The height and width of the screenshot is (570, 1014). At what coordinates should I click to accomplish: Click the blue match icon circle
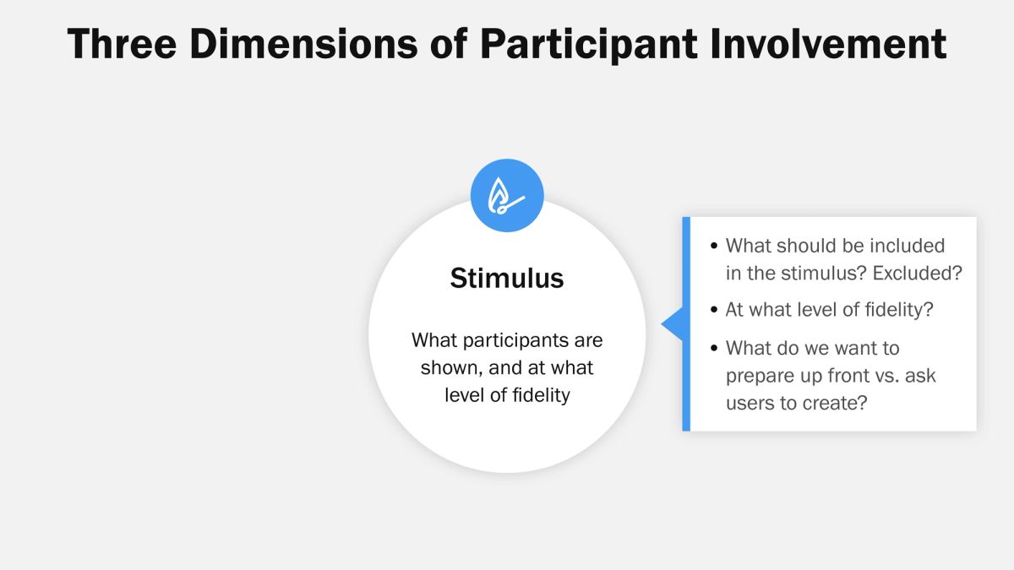[x=507, y=196]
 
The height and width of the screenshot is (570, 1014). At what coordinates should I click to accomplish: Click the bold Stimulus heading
[x=507, y=278]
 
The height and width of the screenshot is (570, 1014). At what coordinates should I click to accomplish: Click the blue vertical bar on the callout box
[x=686, y=324]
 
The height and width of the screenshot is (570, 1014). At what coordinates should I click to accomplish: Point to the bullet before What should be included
[x=714, y=247]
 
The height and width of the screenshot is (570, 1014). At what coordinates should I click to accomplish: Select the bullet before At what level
[x=714, y=310]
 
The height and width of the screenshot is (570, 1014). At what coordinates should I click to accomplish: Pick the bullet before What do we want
[x=714, y=349]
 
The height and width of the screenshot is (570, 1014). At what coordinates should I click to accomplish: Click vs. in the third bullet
[x=885, y=375]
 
